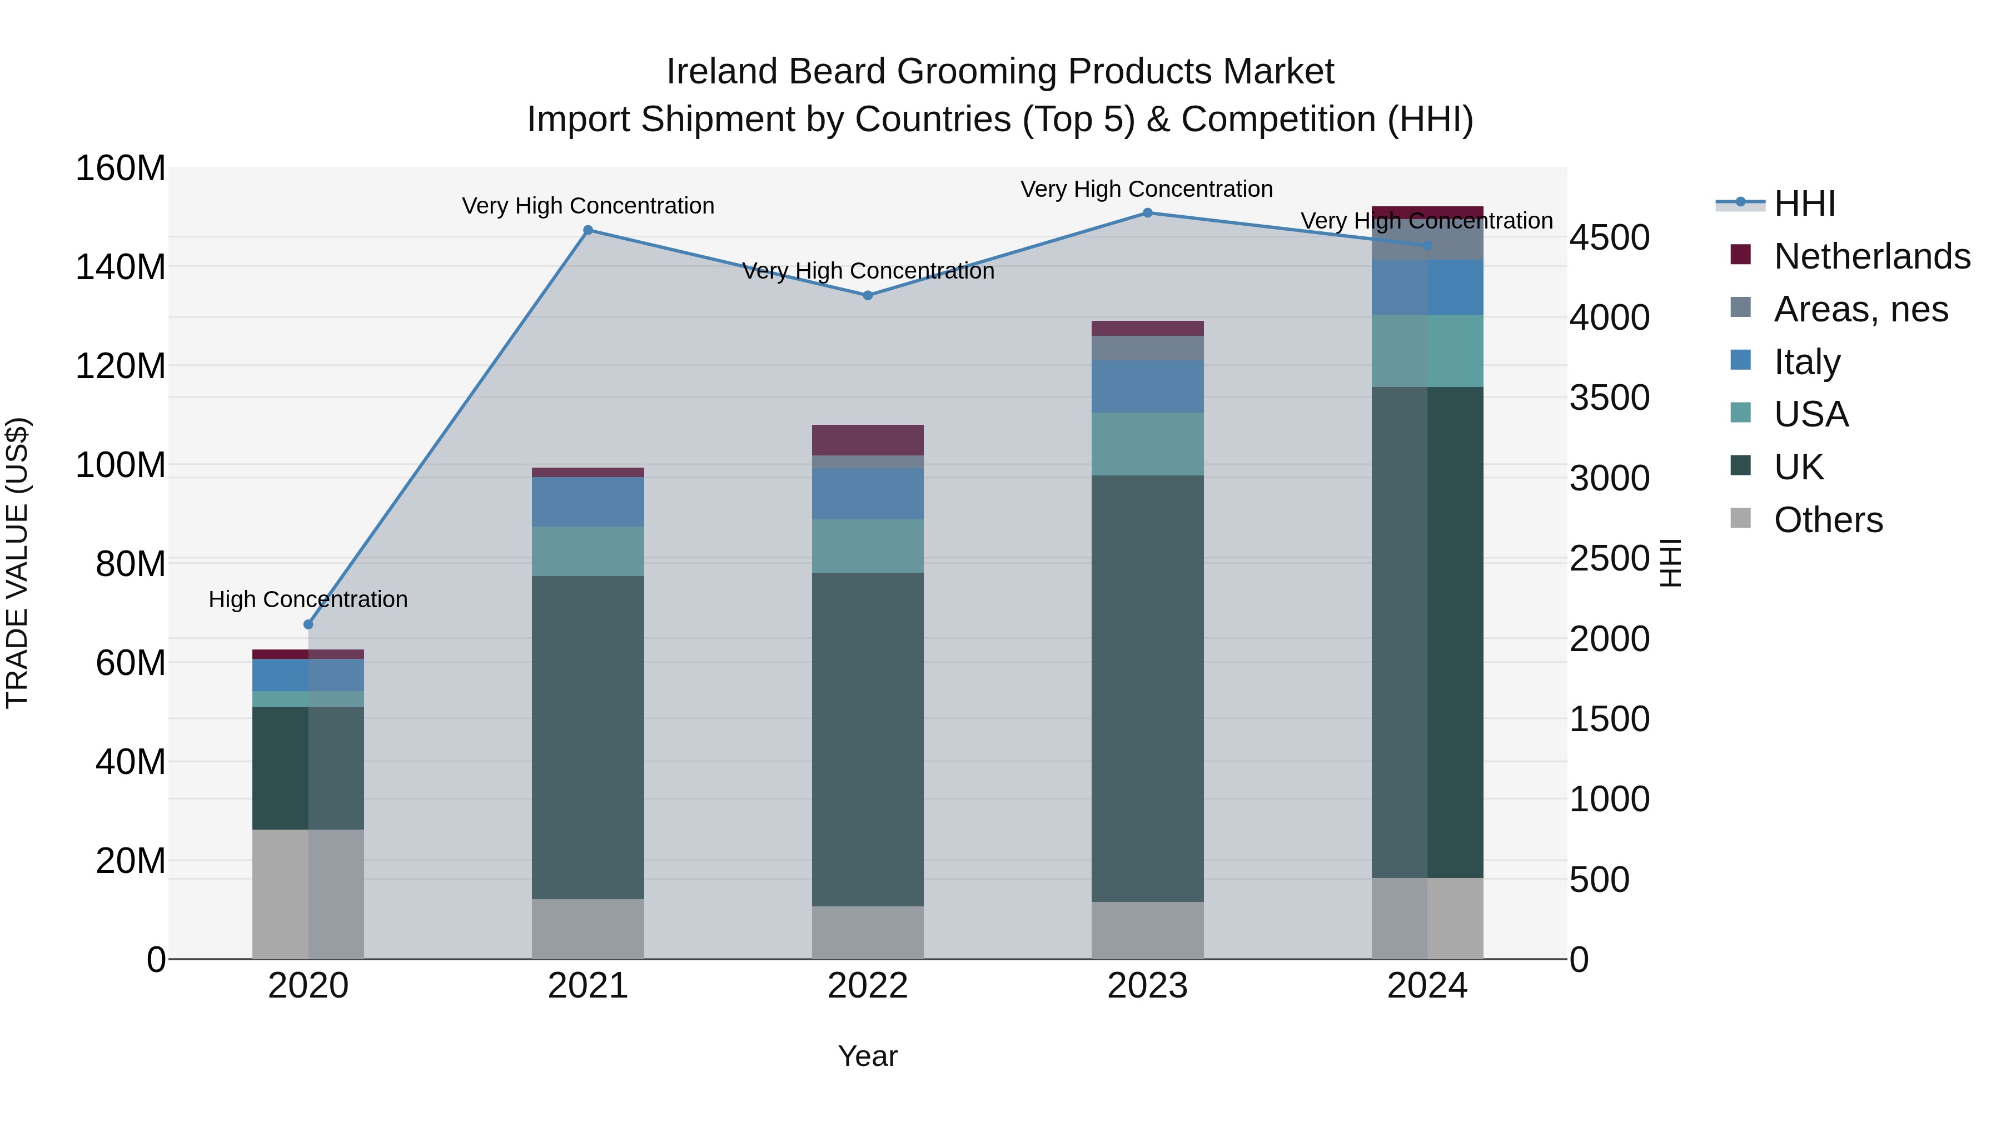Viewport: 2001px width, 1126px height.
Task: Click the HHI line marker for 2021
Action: pos(588,230)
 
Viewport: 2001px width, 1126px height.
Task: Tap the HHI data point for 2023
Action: pos(1147,213)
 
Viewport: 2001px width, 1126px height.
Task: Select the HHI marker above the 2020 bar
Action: pos(308,624)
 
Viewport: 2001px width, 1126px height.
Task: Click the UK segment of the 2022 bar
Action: pos(868,738)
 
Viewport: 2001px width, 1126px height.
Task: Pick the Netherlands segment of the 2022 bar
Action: pos(868,440)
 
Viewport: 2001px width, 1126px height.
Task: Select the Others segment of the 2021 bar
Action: pos(588,929)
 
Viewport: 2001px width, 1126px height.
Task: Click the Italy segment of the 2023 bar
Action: pos(1147,386)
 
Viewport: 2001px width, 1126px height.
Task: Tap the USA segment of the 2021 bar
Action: pos(588,551)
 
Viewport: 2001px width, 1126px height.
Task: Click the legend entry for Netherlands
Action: pos(1872,256)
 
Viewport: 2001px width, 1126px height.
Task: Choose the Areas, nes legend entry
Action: pos(1860,309)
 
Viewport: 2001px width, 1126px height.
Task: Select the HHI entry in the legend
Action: pos(1804,204)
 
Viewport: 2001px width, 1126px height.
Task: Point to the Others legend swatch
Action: pos(1741,518)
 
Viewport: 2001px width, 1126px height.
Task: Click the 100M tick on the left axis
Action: pos(121,465)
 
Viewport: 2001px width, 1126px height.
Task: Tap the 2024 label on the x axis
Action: pos(1427,986)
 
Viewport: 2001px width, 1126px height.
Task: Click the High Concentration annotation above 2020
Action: pos(308,599)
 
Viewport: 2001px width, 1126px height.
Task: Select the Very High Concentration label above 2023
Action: pos(1147,189)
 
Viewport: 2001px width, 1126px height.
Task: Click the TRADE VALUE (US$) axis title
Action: pos(17,563)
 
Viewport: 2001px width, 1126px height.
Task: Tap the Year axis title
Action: pos(868,1056)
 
